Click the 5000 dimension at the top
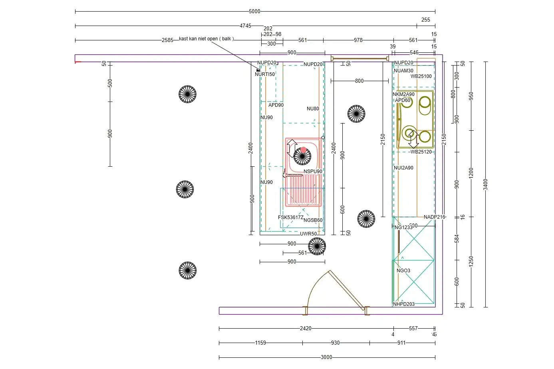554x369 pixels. tap(254, 12)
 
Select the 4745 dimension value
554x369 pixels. tap(245, 26)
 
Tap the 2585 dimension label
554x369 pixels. tap(167, 40)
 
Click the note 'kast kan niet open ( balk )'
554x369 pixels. tap(206, 39)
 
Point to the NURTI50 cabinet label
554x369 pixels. tap(265, 74)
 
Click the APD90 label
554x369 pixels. tap(276, 105)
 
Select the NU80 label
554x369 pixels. tap(313, 109)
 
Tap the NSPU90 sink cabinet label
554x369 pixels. tap(313, 172)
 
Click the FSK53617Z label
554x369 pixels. tap(290, 217)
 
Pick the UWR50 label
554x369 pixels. tap(308, 234)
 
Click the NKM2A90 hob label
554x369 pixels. tap(403, 95)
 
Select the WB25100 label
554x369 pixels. tap(421, 76)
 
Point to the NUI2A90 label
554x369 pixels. tap(403, 168)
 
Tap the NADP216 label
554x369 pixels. tap(434, 217)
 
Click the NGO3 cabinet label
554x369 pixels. tap(403, 271)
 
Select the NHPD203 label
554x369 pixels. tap(403, 304)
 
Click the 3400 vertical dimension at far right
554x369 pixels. tap(485, 184)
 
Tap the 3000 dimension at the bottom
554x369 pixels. tap(326, 357)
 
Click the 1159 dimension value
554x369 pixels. tap(260, 343)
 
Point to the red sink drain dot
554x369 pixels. tap(303, 150)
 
